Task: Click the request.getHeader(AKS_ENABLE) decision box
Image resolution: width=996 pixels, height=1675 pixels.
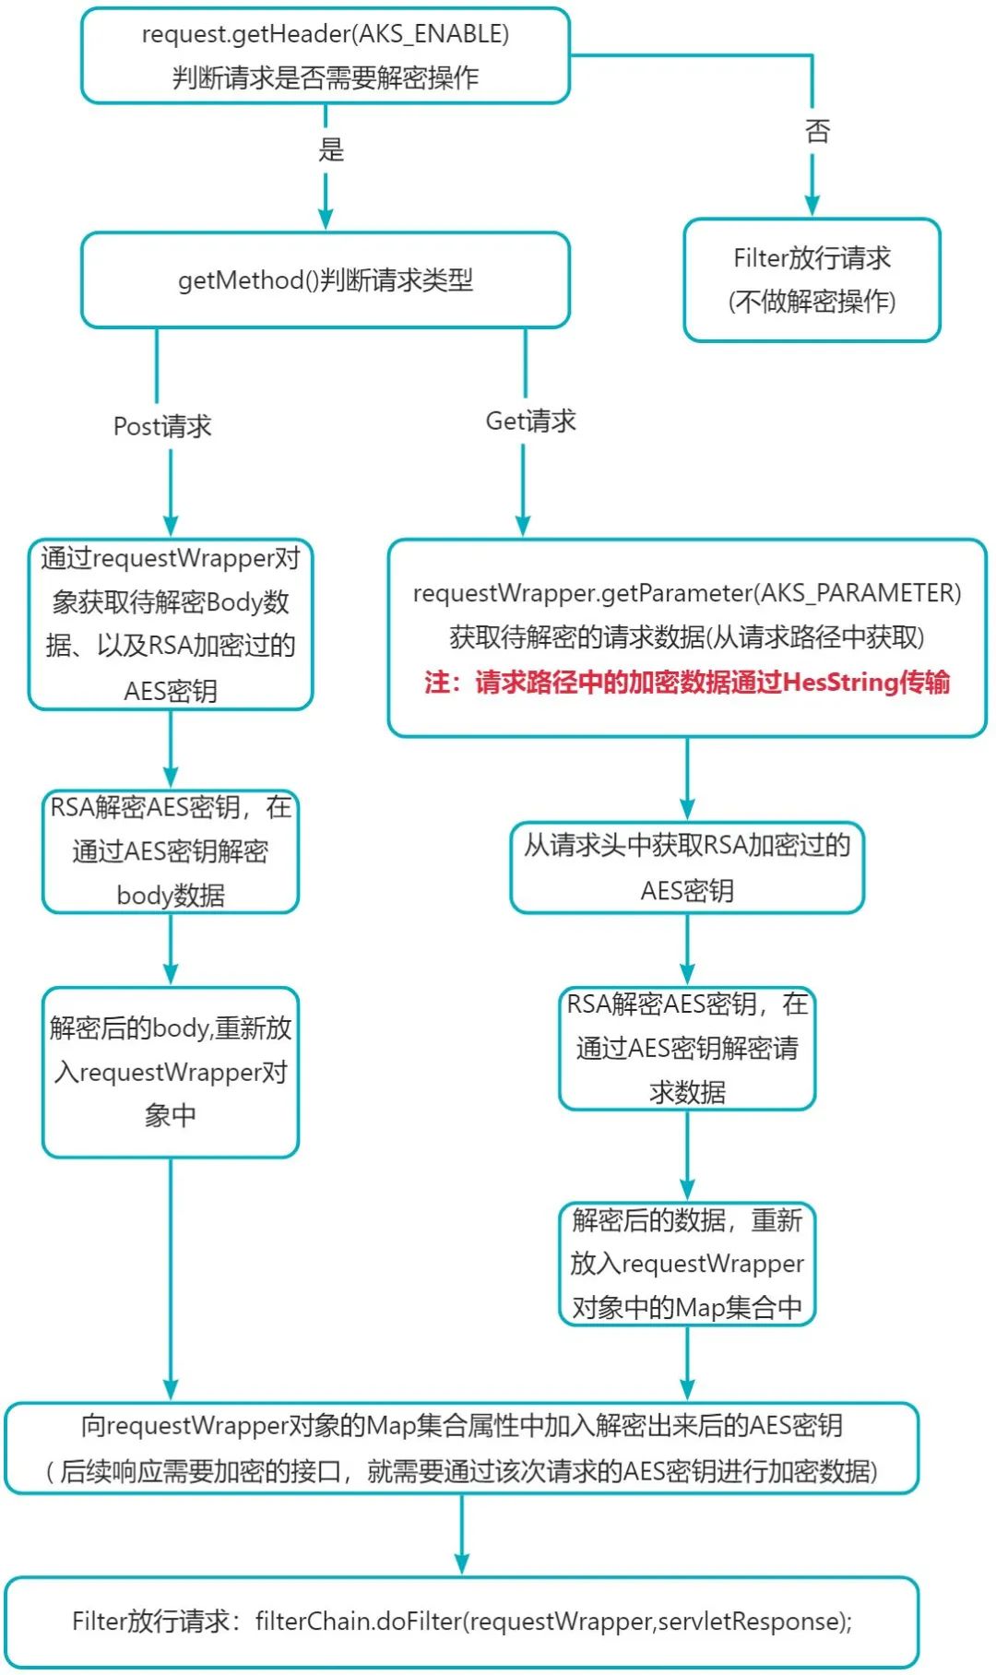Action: coord(325,55)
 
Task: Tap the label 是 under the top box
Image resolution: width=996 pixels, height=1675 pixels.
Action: coord(331,149)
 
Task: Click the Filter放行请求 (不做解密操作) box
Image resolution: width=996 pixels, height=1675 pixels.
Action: coord(812,279)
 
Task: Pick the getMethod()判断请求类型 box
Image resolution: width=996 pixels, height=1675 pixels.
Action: coord(325,279)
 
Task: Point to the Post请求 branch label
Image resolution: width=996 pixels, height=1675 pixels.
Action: coord(162,426)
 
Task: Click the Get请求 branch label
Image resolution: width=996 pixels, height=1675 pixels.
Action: coord(530,422)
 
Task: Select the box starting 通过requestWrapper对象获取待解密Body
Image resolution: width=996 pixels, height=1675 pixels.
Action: coord(171,624)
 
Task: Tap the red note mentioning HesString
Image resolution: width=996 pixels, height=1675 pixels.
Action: coord(687,683)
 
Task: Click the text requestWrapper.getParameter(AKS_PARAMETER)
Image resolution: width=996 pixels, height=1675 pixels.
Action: coord(687,593)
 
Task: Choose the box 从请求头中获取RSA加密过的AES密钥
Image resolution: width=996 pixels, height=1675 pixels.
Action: coord(687,867)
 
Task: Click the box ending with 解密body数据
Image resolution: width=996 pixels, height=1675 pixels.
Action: coord(171,851)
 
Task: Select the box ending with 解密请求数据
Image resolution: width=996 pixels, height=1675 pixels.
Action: coord(687,1048)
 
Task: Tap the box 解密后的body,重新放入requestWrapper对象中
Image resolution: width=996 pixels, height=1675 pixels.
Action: coord(171,1072)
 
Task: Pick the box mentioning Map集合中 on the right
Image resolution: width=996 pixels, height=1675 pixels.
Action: coord(687,1264)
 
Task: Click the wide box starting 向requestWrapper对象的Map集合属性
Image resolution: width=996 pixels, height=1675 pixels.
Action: coord(461,1448)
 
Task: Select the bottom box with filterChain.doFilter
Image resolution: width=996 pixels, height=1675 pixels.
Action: coord(461,1622)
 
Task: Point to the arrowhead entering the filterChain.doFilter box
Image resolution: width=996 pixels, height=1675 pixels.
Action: coord(462,1564)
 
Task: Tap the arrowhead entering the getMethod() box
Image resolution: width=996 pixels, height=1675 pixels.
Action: coord(326,219)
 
